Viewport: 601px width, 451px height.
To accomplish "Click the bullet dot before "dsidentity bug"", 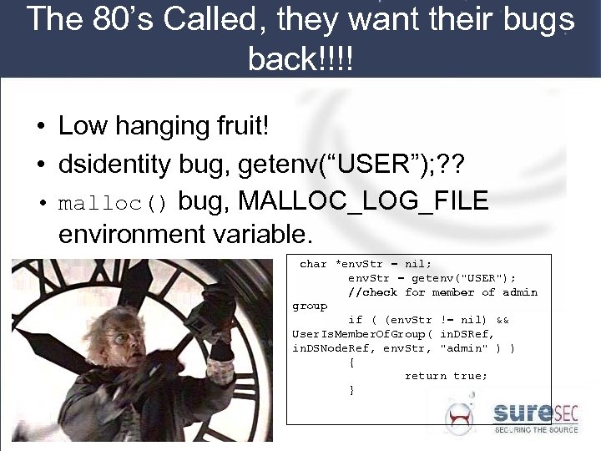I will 40,166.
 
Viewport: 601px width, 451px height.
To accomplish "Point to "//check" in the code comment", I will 372,292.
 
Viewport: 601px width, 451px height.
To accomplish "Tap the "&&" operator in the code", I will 503,320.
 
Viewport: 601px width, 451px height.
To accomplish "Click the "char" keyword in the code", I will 313,264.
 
